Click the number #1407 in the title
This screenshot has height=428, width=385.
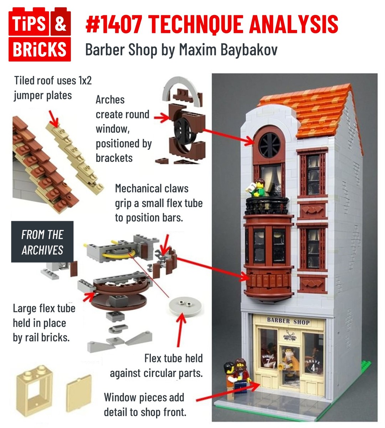click(114, 24)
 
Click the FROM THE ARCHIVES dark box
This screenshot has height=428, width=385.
click(42, 242)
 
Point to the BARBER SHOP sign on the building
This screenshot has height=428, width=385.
click(288, 321)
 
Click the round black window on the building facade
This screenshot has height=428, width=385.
click(269, 145)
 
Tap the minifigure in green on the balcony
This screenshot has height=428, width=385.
click(257, 188)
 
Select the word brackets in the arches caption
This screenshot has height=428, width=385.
click(114, 158)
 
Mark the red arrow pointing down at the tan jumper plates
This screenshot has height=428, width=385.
click(53, 118)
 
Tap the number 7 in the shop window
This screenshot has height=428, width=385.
click(268, 361)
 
